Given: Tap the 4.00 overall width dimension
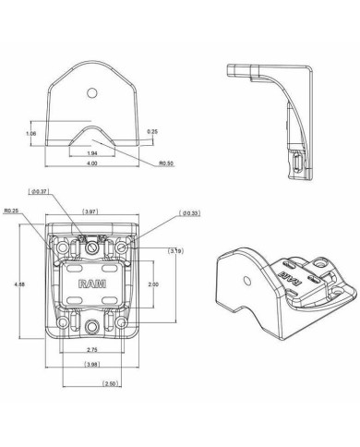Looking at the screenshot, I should tap(91, 163).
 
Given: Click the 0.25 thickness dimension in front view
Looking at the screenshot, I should tap(152, 132).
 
